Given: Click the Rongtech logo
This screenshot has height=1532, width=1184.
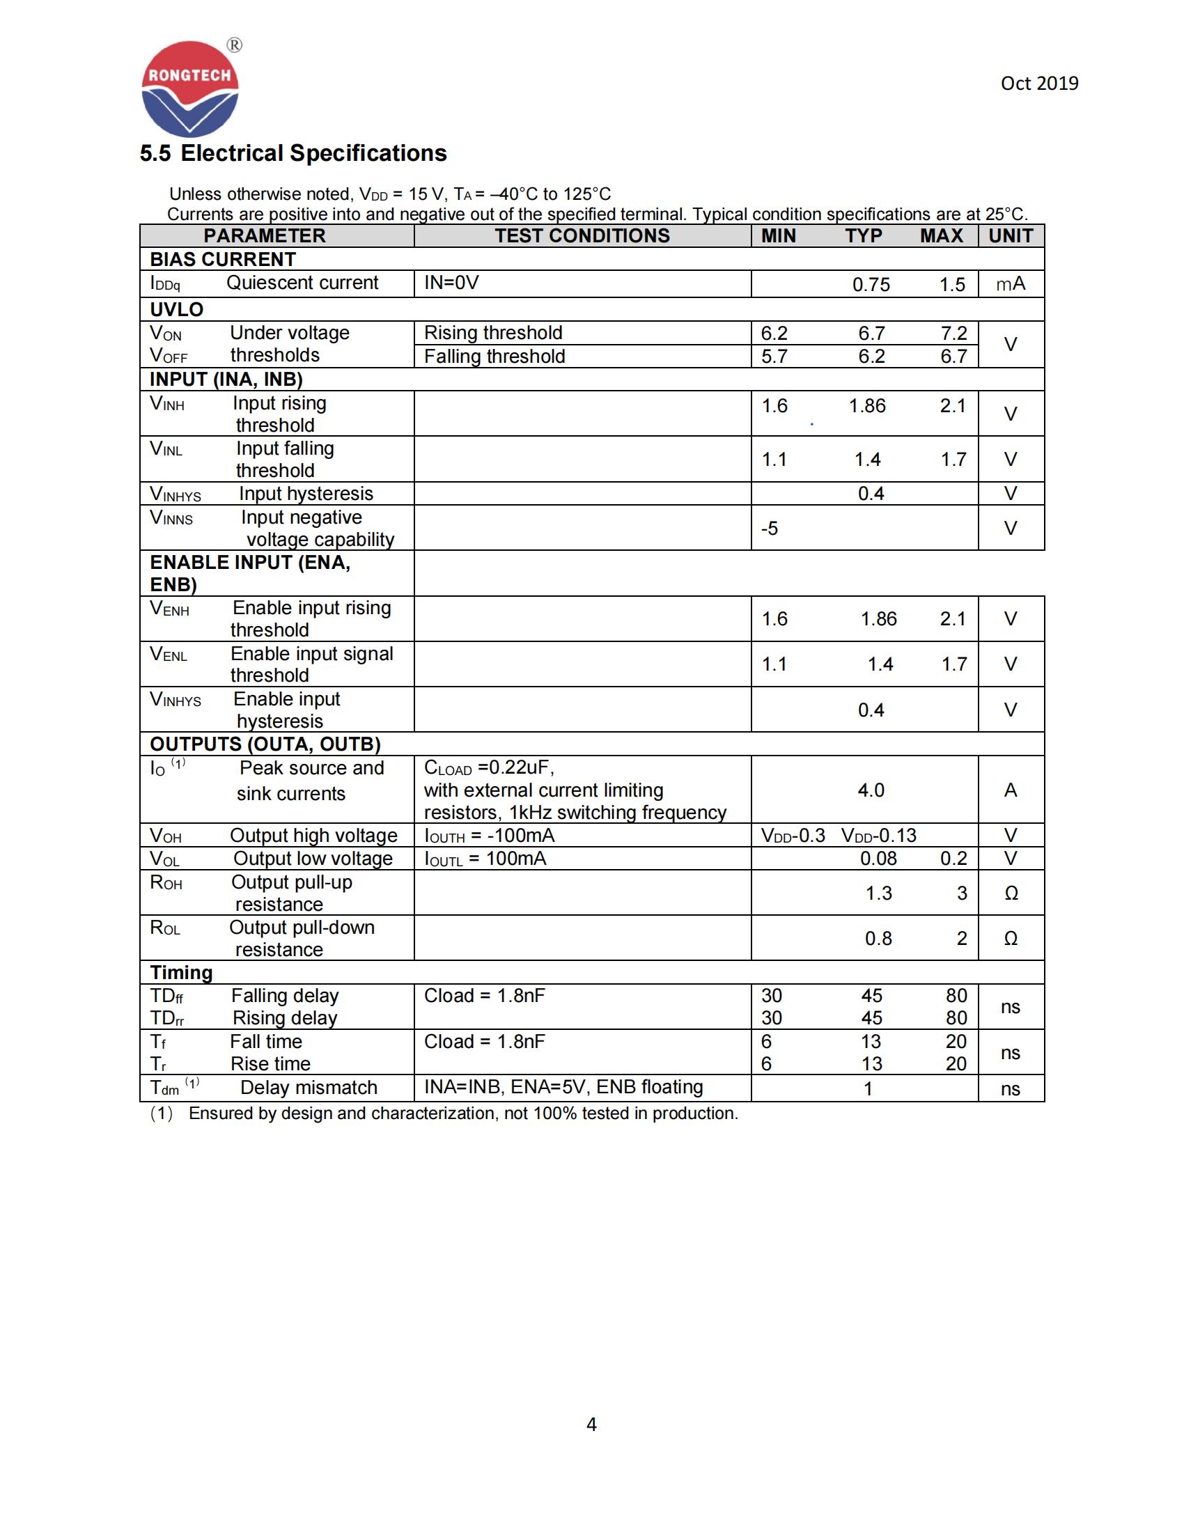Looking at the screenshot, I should point(190,88).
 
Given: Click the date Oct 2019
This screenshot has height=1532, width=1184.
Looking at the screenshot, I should point(1039,84).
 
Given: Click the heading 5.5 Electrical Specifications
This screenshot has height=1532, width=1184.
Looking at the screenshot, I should point(293,153).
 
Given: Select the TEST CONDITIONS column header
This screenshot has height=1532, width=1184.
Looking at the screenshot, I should point(582,235).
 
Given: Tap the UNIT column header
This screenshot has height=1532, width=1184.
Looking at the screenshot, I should point(1010,235).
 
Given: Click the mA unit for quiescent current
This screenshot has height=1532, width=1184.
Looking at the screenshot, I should point(1010,283).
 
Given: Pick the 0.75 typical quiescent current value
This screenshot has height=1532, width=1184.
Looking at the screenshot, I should point(871,285).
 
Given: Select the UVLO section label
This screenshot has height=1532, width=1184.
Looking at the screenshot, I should point(177,309).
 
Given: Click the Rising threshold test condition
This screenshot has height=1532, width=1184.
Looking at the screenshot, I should point(493,332).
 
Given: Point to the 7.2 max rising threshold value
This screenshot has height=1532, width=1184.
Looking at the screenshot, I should point(953,333).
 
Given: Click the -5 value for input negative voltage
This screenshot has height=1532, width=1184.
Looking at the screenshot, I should point(770,529).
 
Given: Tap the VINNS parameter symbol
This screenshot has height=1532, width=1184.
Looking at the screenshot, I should point(171,517).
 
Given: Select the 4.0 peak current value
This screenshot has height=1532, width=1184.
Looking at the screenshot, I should point(871,790).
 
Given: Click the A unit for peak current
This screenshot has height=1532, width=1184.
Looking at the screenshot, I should point(1010,790).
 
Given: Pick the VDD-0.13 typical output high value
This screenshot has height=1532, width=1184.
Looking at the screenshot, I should point(878,836).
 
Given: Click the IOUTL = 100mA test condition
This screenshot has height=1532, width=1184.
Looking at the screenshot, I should point(485,859).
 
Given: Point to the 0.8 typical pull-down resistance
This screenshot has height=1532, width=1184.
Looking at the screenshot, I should point(878,939).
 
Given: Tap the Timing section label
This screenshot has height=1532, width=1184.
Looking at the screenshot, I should point(181,972).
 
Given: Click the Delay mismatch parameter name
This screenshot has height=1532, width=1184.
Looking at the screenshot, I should point(309,1087).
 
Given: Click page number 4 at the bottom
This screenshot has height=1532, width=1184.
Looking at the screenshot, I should point(591,1424).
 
